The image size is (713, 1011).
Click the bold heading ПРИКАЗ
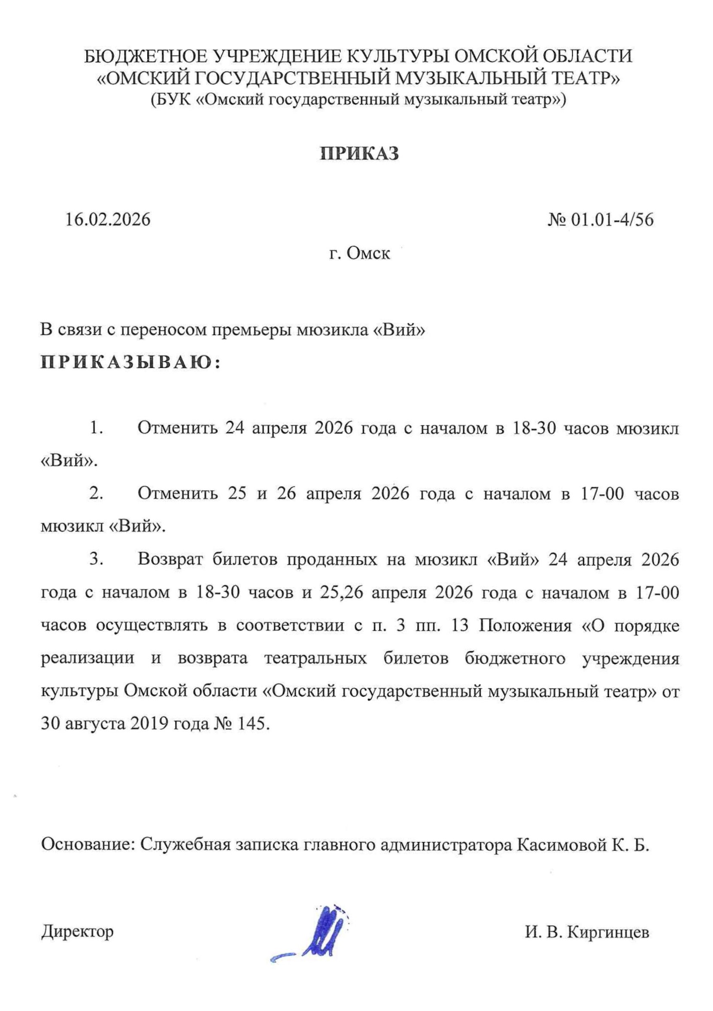[x=359, y=154]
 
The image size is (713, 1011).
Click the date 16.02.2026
[x=108, y=219]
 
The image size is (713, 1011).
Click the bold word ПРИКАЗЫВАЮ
[x=128, y=362]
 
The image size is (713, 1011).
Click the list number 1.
[x=97, y=428]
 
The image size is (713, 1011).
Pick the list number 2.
[x=97, y=494]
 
